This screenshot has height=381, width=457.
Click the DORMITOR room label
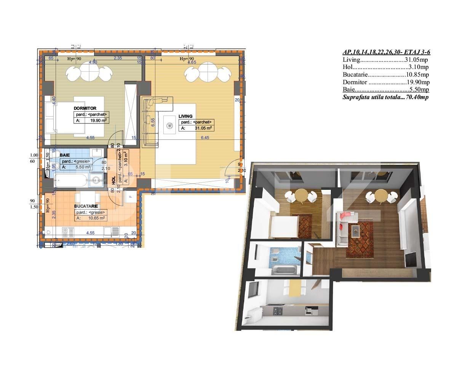85,108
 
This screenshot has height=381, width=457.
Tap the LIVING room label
185,116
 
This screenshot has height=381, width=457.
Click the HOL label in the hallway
113,180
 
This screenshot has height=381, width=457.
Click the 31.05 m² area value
203,128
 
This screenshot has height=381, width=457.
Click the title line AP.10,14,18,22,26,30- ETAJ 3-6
387,53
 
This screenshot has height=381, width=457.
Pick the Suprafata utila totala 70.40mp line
386,97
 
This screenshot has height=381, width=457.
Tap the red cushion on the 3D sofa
344,216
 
